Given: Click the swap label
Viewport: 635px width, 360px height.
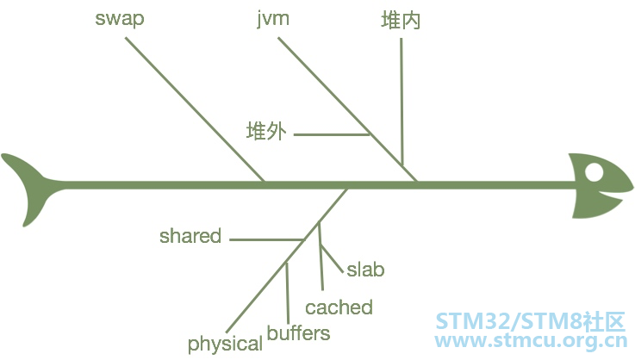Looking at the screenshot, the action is coord(120,20).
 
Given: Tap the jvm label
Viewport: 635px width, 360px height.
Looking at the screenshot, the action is coord(273,19).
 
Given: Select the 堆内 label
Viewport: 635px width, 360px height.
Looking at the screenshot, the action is coord(401,20).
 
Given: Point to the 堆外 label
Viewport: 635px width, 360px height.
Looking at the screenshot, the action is coord(266,131).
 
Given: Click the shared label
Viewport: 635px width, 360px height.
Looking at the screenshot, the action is coord(190,236).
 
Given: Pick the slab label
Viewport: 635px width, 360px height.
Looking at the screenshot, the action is coord(365,270).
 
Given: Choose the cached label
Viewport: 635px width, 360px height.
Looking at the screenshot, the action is coord(339,307).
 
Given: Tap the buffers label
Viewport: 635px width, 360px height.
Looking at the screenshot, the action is coord(298,332).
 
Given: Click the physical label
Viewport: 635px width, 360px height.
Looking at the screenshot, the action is coord(225,344).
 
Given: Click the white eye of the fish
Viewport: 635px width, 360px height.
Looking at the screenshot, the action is coord(594,172).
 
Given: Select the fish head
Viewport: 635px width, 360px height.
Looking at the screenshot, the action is coord(601,186).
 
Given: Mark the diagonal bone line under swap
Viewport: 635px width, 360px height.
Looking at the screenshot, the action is coord(196,109).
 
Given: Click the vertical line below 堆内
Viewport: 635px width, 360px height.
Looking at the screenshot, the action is coord(402,102).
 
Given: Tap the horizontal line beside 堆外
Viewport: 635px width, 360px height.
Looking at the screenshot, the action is coord(332,134).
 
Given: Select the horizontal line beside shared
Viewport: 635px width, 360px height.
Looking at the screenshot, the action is coord(267,239).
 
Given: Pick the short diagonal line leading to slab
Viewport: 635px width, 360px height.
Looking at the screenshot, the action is coord(332,258).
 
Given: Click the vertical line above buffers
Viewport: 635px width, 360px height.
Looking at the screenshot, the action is coord(288,293).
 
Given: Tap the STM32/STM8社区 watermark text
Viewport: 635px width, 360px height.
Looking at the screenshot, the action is coord(531,322).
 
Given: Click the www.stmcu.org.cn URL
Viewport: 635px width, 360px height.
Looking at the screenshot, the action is coord(531,340).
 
